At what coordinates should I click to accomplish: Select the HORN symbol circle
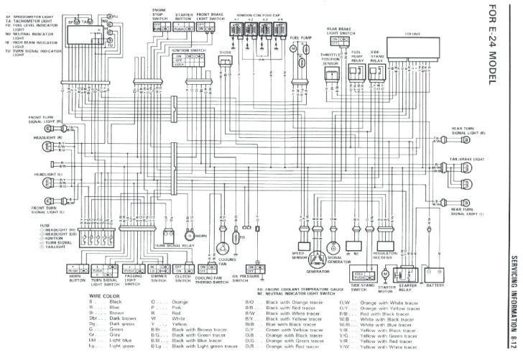(x=189, y=235)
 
